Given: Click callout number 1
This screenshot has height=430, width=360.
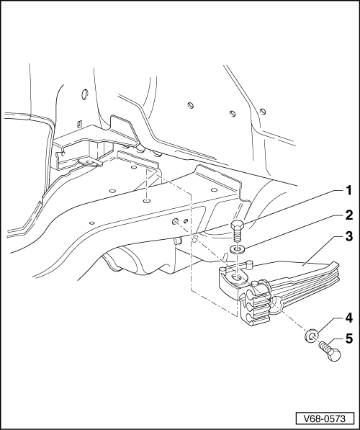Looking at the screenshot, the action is tap(348, 190).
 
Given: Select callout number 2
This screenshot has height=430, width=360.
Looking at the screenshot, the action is tap(348, 215).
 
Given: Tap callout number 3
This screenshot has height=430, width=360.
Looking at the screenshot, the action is tap(348, 236).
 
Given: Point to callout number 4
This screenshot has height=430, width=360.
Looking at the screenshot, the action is tap(348, 318).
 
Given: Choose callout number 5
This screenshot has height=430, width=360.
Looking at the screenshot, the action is tap(348, 339).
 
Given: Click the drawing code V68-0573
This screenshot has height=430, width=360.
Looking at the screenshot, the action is tap(325, 418).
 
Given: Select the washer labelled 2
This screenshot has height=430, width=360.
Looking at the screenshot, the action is tap(238, 249).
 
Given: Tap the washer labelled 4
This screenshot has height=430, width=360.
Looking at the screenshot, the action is tap(311, 336).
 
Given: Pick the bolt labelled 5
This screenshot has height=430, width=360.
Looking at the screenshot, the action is tap(330, 351).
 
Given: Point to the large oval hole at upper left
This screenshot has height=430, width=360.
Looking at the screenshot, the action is tap(84, 94).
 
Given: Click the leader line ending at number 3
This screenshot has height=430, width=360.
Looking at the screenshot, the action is tap(322, 251).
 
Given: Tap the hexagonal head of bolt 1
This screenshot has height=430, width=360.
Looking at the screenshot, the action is tap(237, 225).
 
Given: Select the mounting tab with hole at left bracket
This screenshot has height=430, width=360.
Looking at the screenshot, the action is tap(90, 162).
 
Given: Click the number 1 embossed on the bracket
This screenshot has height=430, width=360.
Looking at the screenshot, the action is tap(243, 300).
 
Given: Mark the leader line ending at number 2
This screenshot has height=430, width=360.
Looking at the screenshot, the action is tap(292, 232).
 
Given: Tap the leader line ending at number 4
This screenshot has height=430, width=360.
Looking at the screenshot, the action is tap(328, 326).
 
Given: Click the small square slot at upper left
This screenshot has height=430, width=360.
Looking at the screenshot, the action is tap(79, 124).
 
